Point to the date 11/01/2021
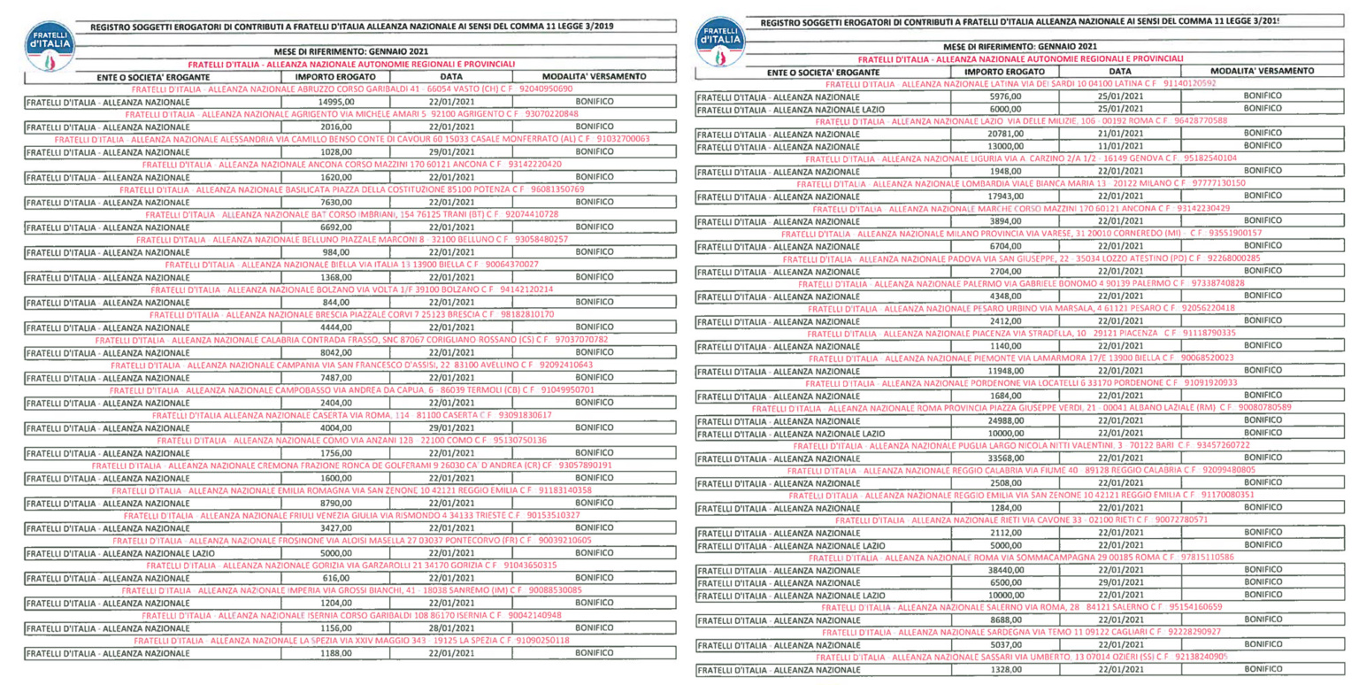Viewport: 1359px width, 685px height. pos(1120,145)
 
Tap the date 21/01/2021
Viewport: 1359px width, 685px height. pos(1120,133)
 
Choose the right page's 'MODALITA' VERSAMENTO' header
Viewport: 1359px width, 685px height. pos(1261,70)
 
